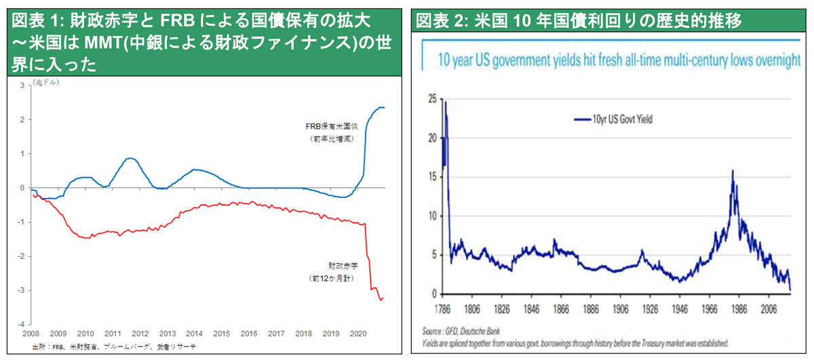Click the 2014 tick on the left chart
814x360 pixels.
tap(194, 334)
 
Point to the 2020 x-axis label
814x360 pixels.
tap(357, 334)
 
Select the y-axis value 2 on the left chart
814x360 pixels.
tap(22, 120)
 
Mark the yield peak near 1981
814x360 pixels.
tap(733, 171)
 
